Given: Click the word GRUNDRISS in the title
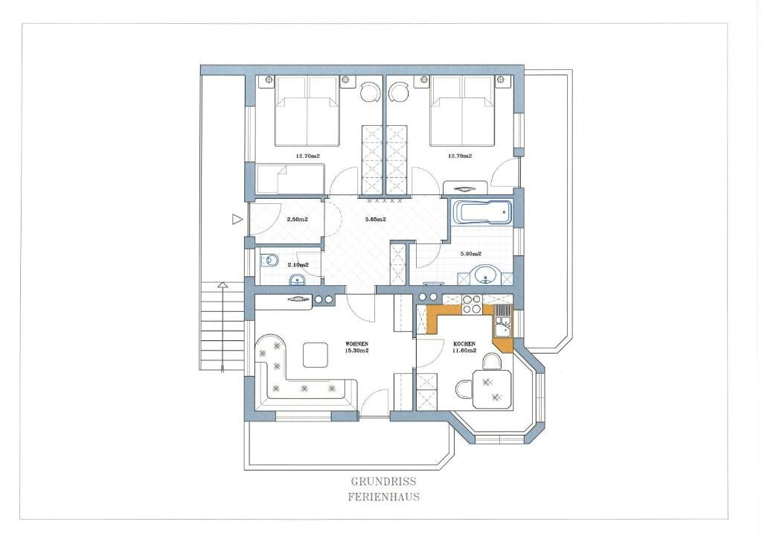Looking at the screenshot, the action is (383, 482).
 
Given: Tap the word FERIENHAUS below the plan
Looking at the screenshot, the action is (384, 497).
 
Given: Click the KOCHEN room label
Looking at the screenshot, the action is (464, 344).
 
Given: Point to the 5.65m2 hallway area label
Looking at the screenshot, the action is (375, 219).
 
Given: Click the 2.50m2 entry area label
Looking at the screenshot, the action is (298, 219).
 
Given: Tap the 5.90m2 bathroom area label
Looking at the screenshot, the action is (471, 254).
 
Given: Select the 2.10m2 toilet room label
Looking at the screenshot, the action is (298, 265).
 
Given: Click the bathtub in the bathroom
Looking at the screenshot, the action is (483, 213).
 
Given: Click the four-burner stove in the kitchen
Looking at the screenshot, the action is (471, 304).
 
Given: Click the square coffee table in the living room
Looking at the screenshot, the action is (316, 354).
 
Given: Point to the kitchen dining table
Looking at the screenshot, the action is (492, 389).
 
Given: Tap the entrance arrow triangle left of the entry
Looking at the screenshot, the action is (237, 219).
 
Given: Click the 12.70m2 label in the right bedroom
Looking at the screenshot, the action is (460, 156).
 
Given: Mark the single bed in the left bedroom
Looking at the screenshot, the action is (290, 179).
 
